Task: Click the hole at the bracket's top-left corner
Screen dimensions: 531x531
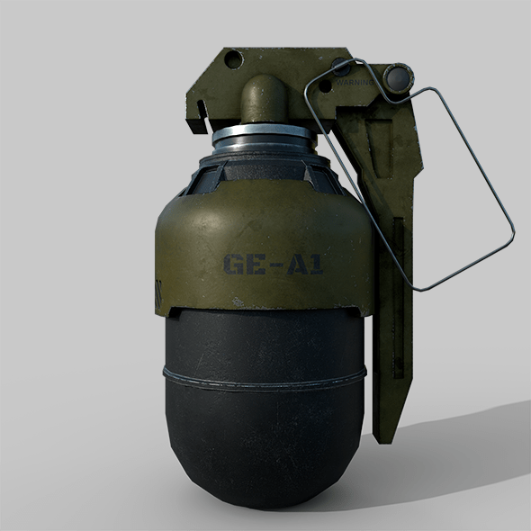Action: (x=232, y=61)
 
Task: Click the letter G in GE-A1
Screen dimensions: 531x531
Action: (x=230, y=265)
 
